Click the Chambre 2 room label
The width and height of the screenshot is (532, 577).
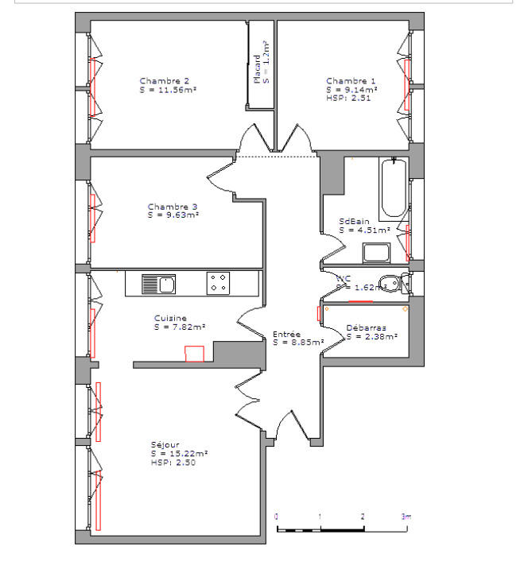click(x=164, y=80)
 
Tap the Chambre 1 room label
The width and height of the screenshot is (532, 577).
click(x=350, y=80)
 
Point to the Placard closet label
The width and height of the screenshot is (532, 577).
click(x=257, y=68)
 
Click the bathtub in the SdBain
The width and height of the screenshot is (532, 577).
click(x=393, y=189)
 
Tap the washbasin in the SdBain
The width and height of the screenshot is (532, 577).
click(x=376, y=253)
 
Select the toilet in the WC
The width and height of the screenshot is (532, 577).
click(x=392, y=283)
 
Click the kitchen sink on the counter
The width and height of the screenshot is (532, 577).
click(x=158, y=284)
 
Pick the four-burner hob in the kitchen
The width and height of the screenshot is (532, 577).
click(x=219, y=284)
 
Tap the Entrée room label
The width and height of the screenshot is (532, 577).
click(x=286, y=335)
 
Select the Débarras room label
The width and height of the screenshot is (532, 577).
click(x=367, y=327)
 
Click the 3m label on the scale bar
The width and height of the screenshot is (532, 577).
click(x=406, y=517)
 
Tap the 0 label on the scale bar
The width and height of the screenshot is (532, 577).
click(x=277, y=517)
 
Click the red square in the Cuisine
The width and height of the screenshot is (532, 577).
click(x=195, y=354)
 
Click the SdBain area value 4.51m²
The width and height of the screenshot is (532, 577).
click(x=364, y=230)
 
